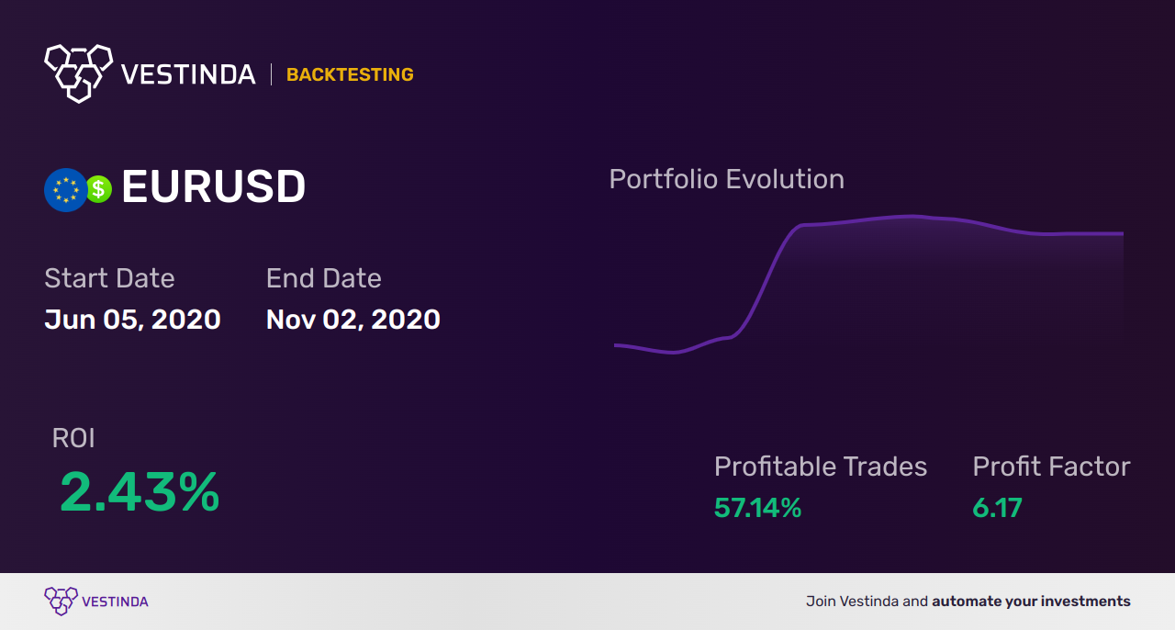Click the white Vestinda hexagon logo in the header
click(x=78, y=72)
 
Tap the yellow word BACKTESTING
click(x=350, y=75)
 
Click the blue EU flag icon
click(x=65, y=190)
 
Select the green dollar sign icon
click(x=98, y=189)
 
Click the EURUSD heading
click(x=213, y=187)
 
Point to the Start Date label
click(x=109, y=278)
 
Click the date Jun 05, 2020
click(x=132, y=320)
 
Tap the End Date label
click(x=323, y=278)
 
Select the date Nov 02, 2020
click(x=352, y=320)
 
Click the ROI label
click(x=73, y=438)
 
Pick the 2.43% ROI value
click(x=140, y=492)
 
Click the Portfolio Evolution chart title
click(x=726, y=179)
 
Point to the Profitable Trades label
click(x=821, y=467)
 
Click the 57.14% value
click(x=757, y=508)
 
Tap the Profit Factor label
click(x=1051, y=467)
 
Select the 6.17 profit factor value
click(x=997, y=508)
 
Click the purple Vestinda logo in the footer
click(x=61, y=602)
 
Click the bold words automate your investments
click(x=1031, y=602)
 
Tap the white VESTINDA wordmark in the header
click(x=188, y=75)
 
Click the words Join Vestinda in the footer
click(x=853, y=602)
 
